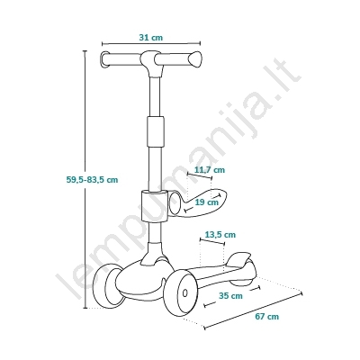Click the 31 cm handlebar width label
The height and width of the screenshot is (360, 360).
click(x=151, y=38)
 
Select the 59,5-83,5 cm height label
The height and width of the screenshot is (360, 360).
click(x=92, y=180)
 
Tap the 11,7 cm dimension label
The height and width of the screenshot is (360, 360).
click(x=210, y=170)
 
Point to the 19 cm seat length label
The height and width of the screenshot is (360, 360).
click(x=207, y=202)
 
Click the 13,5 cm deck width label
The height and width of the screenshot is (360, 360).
click(x=220, y=234)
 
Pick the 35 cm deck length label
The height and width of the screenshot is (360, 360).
click(x=230, y=295)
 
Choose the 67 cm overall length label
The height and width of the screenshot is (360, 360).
click(x=267, y=316)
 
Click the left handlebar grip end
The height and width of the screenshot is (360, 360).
click(x=104, y=60)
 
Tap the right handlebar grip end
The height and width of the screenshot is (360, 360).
click(x=195, y=58)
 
